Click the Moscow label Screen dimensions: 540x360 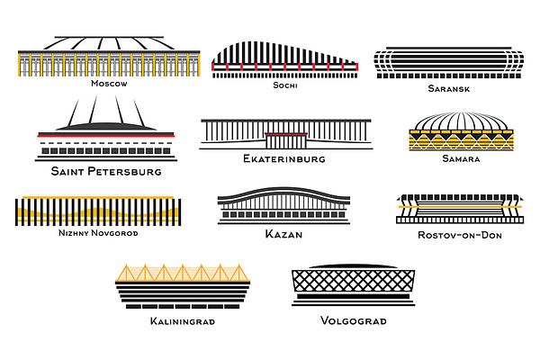click(109, 84)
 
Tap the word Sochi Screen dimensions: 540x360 click(285, 85)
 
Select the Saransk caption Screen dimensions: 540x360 click(449, 88)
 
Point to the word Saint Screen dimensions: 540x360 click(67, 171)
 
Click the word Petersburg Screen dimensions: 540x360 click(125, 171)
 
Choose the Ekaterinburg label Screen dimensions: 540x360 click(284, 158)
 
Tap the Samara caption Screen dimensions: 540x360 click(461, 158)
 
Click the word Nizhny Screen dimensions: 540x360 click(74, 233)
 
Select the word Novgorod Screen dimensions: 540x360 click(114, 233)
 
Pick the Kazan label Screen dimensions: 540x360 click(283, 234)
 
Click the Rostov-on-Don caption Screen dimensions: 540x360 click(460, 235)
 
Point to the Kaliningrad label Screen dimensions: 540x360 click(183, 321)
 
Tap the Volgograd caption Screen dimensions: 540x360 click(354, 320)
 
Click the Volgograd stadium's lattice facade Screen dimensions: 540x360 click(354, 281)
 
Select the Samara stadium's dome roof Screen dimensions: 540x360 click(461, 121)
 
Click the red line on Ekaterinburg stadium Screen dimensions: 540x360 click(286, 134)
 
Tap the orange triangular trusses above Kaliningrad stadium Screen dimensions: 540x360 click(182, 273)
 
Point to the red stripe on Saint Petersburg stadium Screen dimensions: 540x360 click(106, 137)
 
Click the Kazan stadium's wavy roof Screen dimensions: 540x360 click(283, 195)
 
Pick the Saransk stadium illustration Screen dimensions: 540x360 click(449, 62)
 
